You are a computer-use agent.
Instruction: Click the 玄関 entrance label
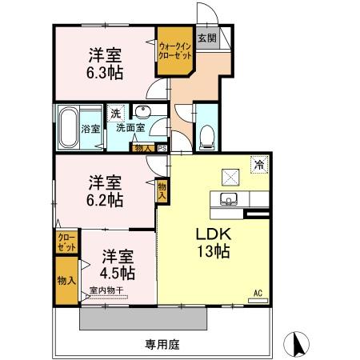click(206, 38)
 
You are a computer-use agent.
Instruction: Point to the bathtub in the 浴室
click(66, 126)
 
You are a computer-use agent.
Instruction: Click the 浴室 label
click(91, 128)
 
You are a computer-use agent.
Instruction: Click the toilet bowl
click(206, 136)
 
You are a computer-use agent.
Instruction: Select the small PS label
click(162, 147)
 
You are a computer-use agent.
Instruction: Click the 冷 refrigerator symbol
click(259, 165)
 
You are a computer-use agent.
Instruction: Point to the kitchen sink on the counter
click(228, 198)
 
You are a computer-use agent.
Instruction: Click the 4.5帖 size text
click(117, 272)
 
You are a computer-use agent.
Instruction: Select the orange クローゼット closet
click(66, 242)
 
